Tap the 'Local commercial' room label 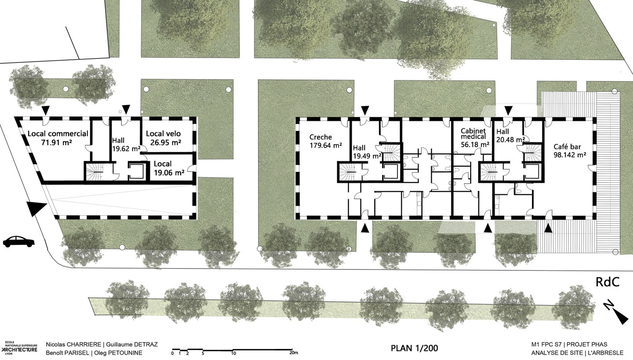(x=58, y=134)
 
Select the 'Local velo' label (x=164, y=134)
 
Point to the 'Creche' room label (x=320, y=137)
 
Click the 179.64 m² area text (x=326, y=145)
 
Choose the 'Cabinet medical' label (x=473, y=134)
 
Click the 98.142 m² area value (x=569, y=155)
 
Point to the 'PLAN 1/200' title (x=414, y=348)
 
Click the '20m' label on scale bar (x=294, y=353)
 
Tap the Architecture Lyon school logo (x=19, y=348)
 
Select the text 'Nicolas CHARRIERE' (x=73, y=345)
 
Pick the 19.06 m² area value (x=169, y=172)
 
